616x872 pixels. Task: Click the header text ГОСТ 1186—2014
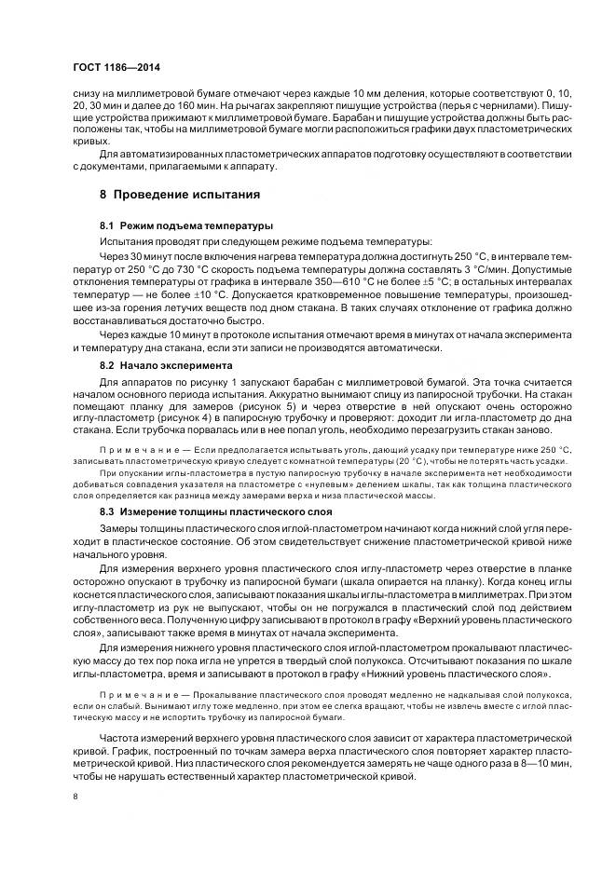click(x=115, y=69)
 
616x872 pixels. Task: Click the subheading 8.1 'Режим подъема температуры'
click(x=185, y=225)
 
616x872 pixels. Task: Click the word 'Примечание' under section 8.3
click(x=140, y=698)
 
